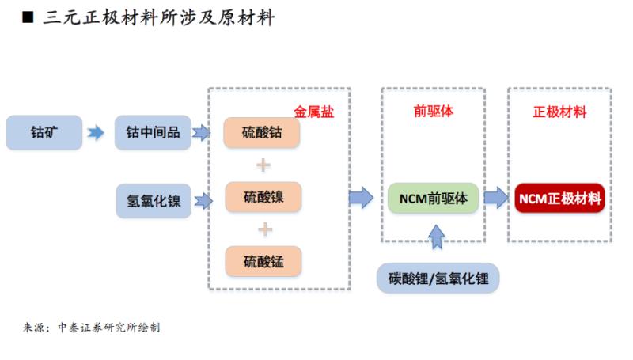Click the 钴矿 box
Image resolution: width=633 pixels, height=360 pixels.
pos(44,133)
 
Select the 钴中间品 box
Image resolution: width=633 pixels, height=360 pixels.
pos(154,133)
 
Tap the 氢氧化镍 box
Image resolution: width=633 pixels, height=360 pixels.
pos(154,201)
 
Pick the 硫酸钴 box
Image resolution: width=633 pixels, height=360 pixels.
pos(262,133)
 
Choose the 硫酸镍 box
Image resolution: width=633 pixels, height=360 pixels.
pos(262,197)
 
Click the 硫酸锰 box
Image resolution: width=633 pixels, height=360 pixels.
pos(262,261)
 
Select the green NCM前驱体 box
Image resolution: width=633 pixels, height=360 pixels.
pos(434,198)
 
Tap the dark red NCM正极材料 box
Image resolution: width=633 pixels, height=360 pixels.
pos(559,198)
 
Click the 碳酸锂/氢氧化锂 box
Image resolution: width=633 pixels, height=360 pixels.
pos(438,279)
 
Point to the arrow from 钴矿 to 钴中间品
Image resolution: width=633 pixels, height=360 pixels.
pos(95,133)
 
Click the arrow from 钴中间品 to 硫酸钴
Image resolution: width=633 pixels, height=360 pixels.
pos(202,133)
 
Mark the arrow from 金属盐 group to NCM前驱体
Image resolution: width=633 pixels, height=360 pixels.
pos(361,198)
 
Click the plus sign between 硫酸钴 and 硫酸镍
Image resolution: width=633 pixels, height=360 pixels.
pos(263,165)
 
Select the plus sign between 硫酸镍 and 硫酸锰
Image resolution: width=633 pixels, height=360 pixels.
pos(263,229)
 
